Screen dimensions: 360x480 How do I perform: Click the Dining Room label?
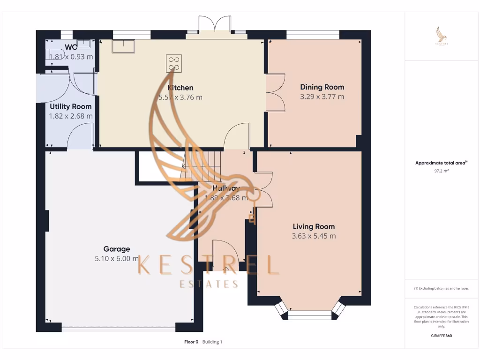pos(322,87)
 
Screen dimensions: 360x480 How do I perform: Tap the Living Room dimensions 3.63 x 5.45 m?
pos(314,236)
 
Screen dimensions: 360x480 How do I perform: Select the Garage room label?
pos(117,249)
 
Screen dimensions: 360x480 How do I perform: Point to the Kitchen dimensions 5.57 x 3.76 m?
pos(180,97)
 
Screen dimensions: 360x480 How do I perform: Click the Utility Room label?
pos(70,106)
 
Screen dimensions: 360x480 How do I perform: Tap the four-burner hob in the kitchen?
pos(174,63)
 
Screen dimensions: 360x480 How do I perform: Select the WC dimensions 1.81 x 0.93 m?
pos(71,57)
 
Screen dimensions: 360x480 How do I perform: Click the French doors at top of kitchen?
pos(215,26)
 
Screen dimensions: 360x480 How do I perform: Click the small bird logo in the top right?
pos(441,36)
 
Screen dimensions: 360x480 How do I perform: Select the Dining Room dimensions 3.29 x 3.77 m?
pos(322,97)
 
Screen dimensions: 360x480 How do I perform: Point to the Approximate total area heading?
pos(440,163)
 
